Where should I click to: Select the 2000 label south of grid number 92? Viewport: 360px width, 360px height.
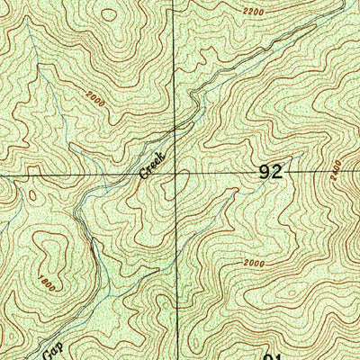click(x=255, y=264)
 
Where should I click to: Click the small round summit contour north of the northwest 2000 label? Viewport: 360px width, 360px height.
click(x=109, y=13)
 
